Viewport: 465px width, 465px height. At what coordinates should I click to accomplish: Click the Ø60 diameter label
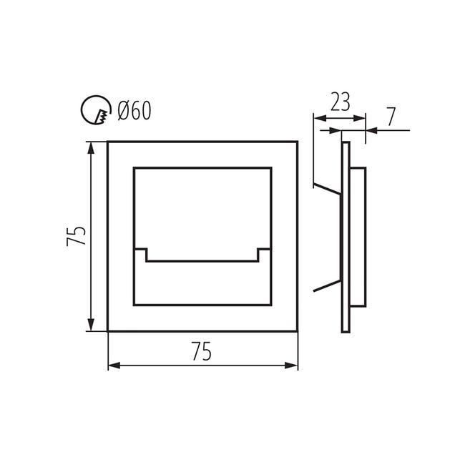[134, 110]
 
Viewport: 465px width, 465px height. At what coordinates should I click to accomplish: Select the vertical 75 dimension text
[77, 236]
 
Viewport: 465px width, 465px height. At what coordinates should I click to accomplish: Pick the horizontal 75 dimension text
[202, 351]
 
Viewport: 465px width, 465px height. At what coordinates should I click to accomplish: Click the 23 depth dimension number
[340, 102]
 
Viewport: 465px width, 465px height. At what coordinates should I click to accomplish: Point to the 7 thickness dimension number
[391, 117]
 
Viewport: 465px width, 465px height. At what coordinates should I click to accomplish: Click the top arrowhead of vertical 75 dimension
[91, 147]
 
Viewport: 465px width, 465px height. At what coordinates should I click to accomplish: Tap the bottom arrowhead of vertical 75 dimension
[91, 325]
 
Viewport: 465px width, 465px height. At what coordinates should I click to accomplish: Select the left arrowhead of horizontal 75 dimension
[114, 366]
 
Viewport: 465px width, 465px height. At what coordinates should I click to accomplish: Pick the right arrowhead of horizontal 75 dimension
[291, 366]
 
